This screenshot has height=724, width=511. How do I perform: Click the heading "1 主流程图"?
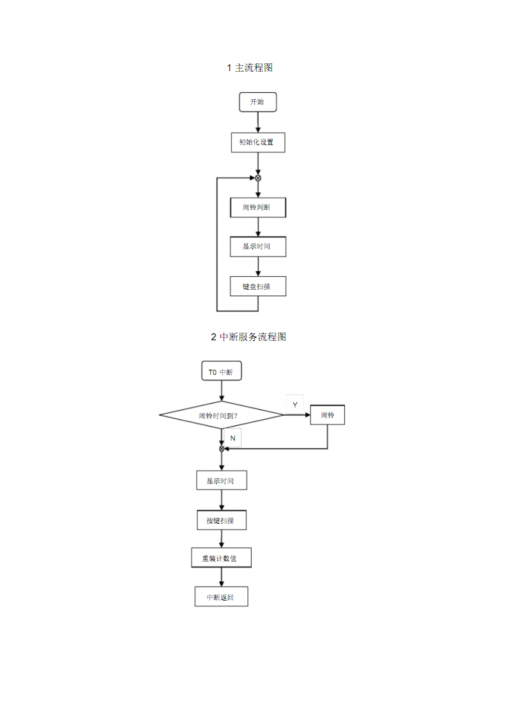[x=250, y=68]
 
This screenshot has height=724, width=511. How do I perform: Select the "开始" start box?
[x=257, y=102]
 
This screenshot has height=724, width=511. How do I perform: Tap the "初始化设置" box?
[x=257, y=142]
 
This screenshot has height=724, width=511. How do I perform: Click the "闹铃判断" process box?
[x=257, y=207]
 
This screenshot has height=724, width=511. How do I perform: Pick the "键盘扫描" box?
[x=257, y=287]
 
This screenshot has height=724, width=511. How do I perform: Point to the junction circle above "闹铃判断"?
[x=258, y=178]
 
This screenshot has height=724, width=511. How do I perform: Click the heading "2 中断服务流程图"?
[x=248, y=337]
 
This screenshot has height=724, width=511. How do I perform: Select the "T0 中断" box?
[x=221, y=372]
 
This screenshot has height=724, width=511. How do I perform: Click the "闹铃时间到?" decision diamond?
[x=221, y=416]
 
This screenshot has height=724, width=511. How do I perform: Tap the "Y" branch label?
[x=295, y=405]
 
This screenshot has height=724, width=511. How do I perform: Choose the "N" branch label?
[x=233, y=438]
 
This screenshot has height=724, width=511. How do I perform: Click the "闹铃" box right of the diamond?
[x=327, y=415]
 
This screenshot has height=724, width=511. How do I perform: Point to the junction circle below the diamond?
[x=222, y=448]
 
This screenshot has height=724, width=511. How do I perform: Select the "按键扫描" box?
[x=221, y=521]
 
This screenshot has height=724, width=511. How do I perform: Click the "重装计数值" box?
[x=221, y=558]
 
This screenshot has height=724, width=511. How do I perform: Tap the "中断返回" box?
[x=221, y=597]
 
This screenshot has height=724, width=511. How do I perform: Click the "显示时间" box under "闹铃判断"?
[x=257, y=246]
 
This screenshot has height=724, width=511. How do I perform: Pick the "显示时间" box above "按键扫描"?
[x=221, y=481]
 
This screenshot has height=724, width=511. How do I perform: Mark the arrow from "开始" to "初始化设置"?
[x=258, y=122]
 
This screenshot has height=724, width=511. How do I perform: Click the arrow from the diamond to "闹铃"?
[x=297, y=415]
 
